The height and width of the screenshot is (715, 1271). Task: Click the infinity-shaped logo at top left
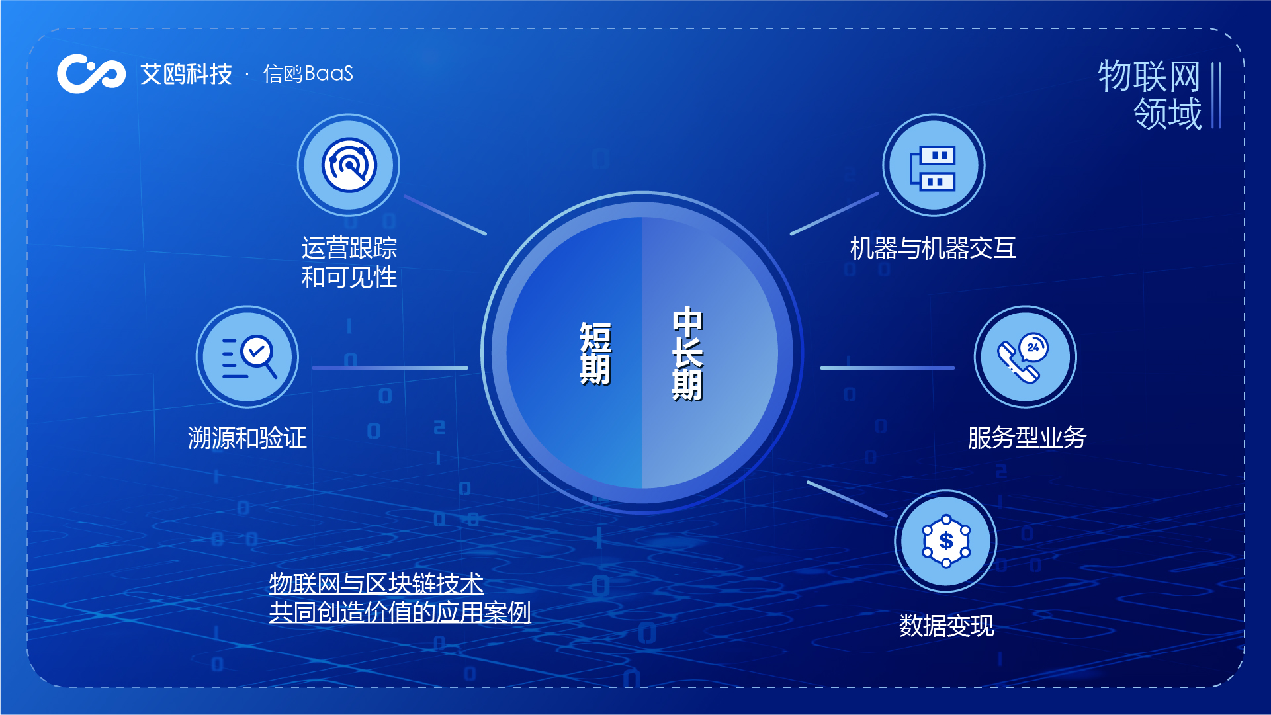click(x=91, y=73)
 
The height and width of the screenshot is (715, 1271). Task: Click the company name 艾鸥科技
click(x=186, y=74)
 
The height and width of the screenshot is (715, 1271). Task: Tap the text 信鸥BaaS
click(x=308, y=73)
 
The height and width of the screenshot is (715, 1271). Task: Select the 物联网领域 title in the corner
click(x=1150, y=95)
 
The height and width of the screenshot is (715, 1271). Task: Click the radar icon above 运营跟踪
click(x=349, y=165)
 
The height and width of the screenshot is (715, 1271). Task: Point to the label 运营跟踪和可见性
click(x=349, y=263)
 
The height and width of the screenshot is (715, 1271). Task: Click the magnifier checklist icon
click(x=247, y=357)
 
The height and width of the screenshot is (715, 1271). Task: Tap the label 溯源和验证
click(x=247, y=438)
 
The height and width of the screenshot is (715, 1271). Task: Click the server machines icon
click(x=934, y=165)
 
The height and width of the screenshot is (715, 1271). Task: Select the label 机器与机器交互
click(x=933, y=249)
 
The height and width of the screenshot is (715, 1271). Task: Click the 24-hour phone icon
click(x=1025, y=357)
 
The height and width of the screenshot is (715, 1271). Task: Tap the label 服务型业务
click(x=1027, y=438)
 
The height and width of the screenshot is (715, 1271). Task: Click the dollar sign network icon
click(x=946, y=541)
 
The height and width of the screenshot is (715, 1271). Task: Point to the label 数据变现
click(x=946, y=626)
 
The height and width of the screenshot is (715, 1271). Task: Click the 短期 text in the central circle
click(x=595, y=353)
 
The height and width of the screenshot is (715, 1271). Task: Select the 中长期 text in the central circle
click(x=687, y=353)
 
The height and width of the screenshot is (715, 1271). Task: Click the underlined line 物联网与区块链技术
click(x=376, y=583)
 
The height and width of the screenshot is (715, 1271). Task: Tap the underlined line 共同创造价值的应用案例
click(x=400, y=612)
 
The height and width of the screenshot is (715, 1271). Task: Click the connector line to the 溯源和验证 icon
click(x=390, y=368)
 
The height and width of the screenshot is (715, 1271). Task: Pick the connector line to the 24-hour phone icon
click(x=887, y=368)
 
